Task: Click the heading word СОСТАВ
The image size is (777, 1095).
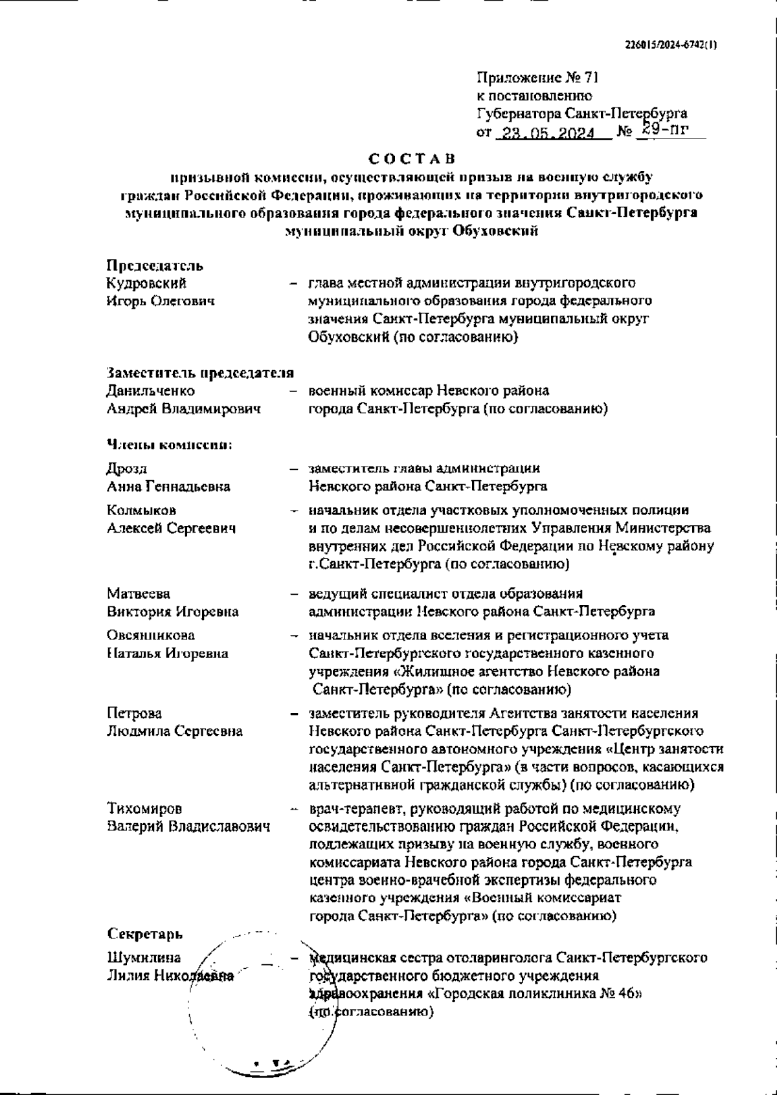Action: [412, 159]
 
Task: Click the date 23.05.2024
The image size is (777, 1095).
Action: [552, 134]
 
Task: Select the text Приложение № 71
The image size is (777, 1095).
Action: [537, 78]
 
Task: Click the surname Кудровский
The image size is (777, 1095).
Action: [146, 283]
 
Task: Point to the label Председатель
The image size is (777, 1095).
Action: [155, 265]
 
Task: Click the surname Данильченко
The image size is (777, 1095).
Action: [150, 391]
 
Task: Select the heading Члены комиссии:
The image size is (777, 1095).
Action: [169, 445]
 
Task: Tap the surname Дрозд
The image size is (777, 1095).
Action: [127, 469]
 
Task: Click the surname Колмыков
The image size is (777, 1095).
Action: [141, 511]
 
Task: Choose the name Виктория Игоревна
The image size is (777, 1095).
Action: [172, 612]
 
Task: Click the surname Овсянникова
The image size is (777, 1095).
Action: [150, 636]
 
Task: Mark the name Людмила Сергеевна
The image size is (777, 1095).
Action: [175, 731]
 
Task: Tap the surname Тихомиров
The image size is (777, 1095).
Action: [144, 809]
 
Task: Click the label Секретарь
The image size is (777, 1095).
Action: [145, 935]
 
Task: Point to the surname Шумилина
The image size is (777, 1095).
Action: [144, 958]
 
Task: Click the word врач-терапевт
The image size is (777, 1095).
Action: [349, 809]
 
